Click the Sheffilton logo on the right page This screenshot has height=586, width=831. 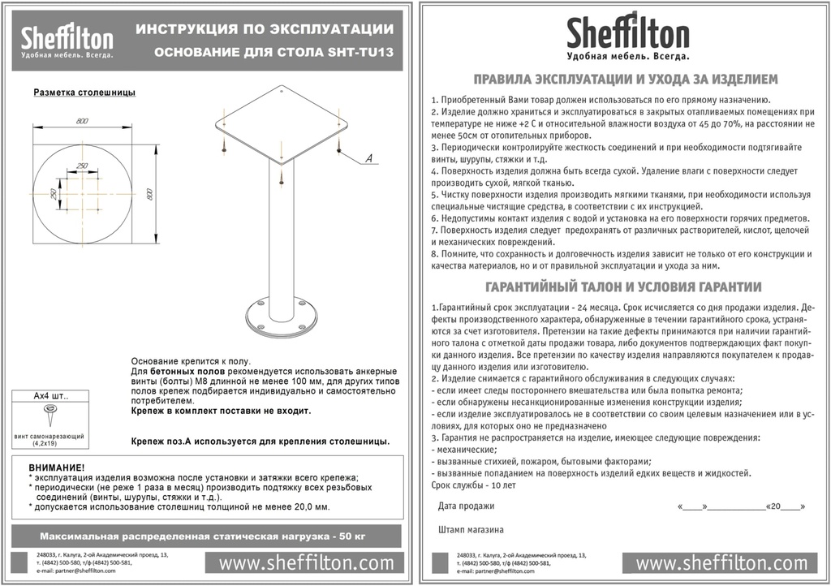coord(628,37)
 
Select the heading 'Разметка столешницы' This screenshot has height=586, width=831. coord(84,93)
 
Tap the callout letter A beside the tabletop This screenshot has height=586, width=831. coord(368,158)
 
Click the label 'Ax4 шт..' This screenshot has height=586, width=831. coord(50,397)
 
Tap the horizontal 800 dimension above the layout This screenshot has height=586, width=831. coord(83,122)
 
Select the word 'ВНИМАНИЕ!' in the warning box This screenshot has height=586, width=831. coord(57,468)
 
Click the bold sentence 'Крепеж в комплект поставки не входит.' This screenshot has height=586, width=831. coord(221,411)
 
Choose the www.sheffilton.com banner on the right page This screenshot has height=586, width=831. coord(721,562)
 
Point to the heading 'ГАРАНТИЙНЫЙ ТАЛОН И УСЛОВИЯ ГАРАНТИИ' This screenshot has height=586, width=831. coord(622,287)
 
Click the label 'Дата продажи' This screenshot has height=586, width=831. coord(466,506)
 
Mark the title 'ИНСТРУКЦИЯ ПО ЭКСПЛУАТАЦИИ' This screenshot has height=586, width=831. coord(265,29)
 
